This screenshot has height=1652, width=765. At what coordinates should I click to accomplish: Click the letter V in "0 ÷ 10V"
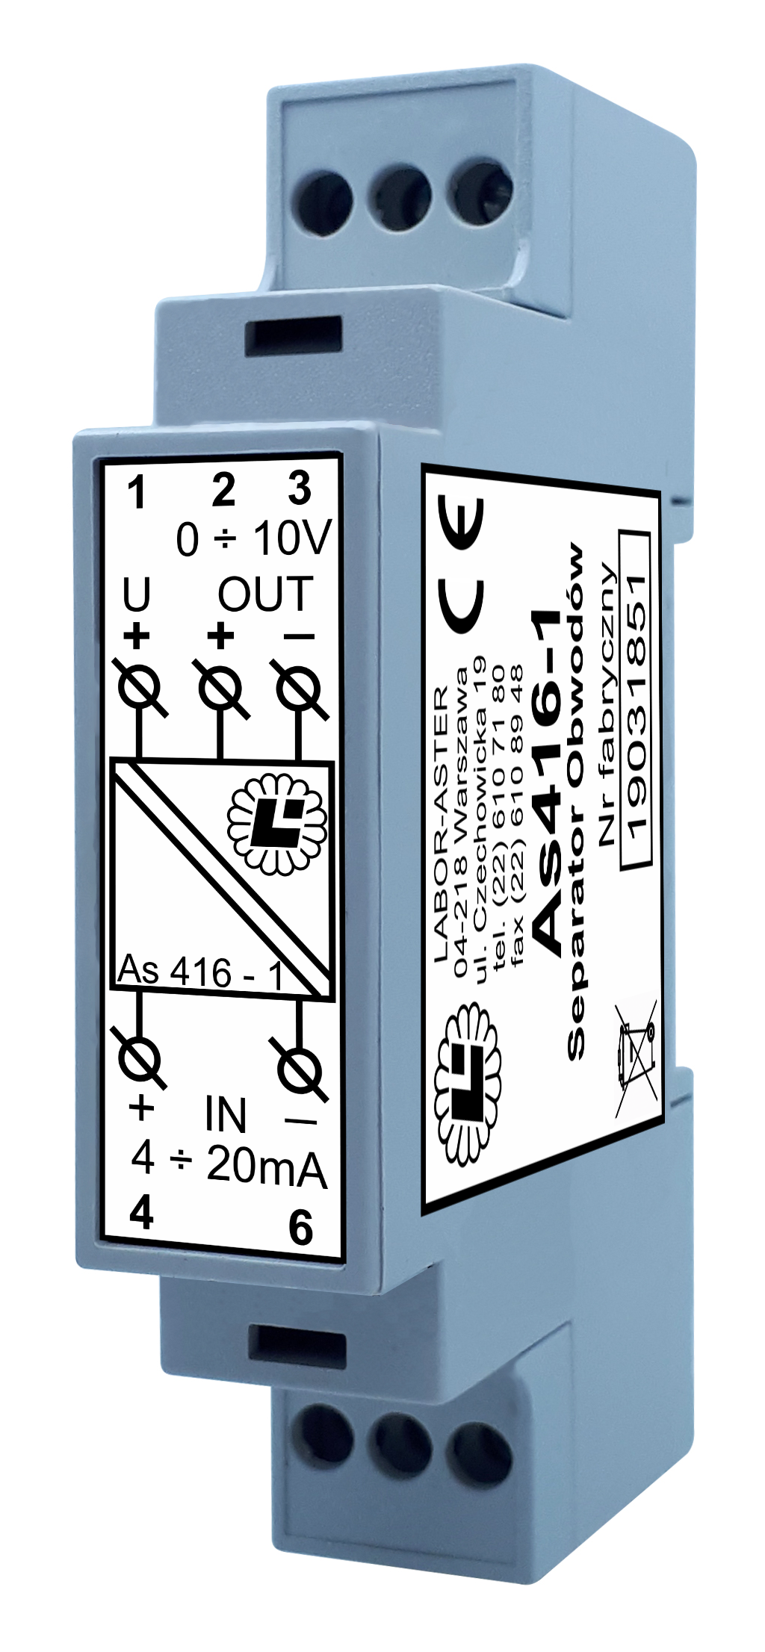tap(313, 538)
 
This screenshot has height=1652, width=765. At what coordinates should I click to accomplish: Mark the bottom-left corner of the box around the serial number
tap(622, 871)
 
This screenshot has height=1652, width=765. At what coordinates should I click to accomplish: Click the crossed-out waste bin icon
tap(636, 1059)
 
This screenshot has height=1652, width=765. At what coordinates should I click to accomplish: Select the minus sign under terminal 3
tap(299, 637)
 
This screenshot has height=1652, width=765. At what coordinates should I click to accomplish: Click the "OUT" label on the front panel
tap(265, 594)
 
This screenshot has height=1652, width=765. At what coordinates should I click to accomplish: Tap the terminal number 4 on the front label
tap(141, 1214)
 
